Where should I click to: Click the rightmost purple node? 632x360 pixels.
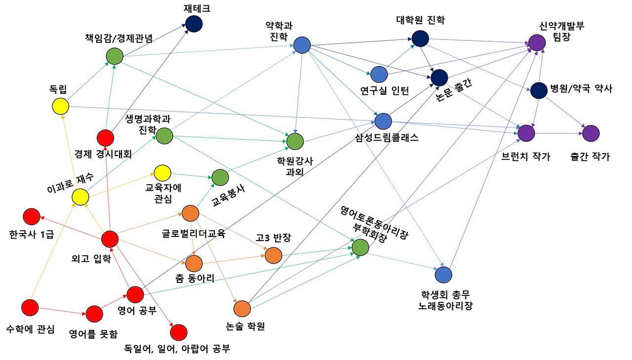[591, 133]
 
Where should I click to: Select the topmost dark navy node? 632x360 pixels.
[194, 24]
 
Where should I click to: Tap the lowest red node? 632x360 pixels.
[178, 332]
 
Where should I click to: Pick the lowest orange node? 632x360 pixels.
[242, 309]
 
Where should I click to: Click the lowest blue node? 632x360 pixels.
[443, 275]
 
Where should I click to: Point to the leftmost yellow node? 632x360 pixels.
[60, 106]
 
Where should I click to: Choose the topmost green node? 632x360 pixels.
[115, 56]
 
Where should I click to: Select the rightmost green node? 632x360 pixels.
[360, 247]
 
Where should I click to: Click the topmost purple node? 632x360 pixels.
[537, 42]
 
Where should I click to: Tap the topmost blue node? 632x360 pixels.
[302, 45]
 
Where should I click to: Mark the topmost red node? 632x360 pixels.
[105, 138]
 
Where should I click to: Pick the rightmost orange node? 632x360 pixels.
[273, 255]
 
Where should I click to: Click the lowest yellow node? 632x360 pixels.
[80, 197]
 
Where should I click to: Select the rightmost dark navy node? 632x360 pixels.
[539, 90]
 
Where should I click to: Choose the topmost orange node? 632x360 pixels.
[190, 213]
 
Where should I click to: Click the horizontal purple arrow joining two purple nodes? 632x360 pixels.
[558, 133]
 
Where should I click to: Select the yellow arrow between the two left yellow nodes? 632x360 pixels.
[70, 151]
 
